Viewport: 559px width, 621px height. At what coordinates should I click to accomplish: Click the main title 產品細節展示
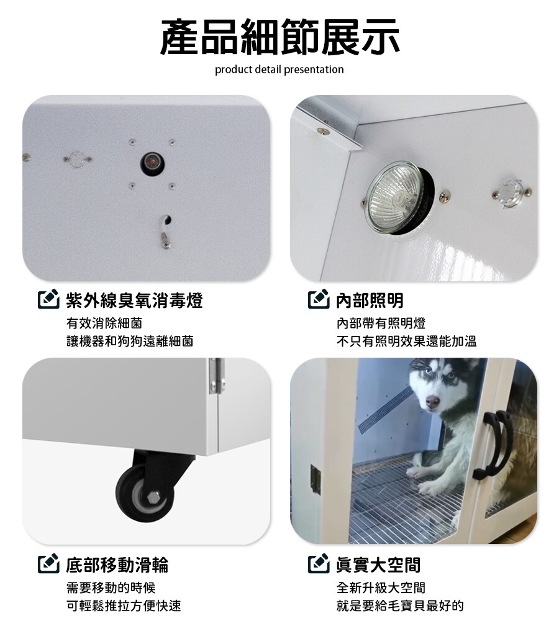point(279,37)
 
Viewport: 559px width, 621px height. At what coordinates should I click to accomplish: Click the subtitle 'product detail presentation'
point(279,70)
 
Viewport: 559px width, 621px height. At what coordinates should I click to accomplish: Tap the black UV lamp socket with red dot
point(153,163)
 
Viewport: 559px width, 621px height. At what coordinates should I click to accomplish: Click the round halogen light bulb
point(394,197)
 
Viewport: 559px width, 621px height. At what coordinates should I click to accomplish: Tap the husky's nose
point(432,402)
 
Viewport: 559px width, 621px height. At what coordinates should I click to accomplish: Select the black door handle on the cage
point(493,444)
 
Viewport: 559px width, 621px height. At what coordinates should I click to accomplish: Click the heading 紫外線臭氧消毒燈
point(134,300)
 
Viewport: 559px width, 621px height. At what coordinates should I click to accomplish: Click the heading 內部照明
point(370,300)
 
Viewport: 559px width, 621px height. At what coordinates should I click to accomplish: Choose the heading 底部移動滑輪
point(117,564)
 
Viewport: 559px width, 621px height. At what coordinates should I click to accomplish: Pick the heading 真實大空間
point(378,564)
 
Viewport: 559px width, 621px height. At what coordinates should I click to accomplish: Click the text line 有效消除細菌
point(104,323)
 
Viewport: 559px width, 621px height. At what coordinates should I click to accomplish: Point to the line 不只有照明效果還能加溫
point(406,341)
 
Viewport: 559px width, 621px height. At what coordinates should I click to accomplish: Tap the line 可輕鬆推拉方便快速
point(124,605)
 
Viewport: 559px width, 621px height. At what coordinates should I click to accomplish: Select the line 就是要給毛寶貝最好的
point(400,605)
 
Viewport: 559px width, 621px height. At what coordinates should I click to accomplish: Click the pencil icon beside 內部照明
point(319,299)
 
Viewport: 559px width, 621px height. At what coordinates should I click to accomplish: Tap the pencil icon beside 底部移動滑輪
point(48,564)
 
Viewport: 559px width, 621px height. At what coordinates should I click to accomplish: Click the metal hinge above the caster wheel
point(217,376)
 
